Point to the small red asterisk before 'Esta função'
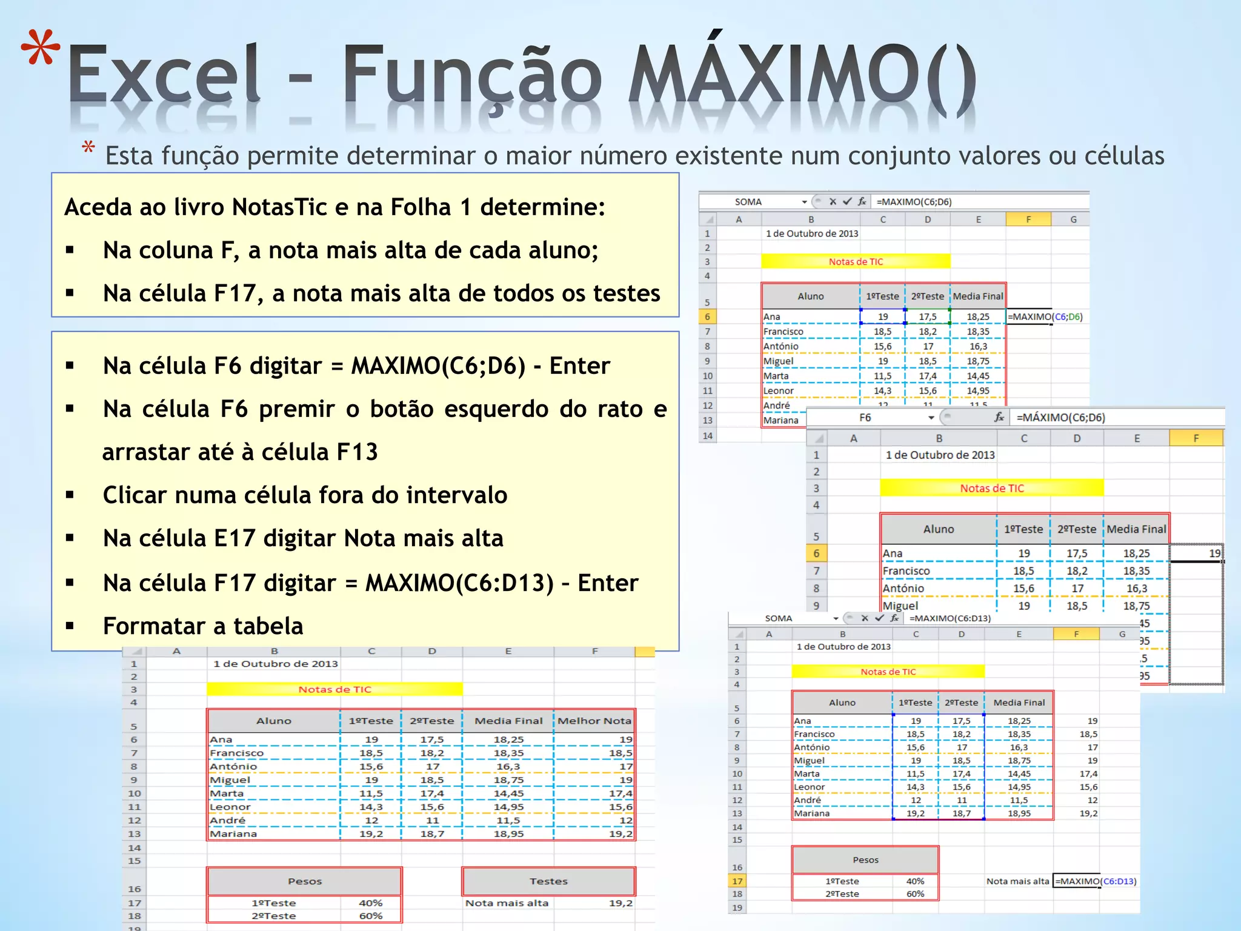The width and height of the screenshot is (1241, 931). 88,147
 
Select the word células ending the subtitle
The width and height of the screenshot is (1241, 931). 1124,156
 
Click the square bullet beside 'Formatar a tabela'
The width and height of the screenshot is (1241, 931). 70,626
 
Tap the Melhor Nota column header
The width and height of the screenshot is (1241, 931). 594,721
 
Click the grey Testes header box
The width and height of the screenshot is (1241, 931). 548,881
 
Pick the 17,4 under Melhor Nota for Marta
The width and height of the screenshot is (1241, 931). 620,793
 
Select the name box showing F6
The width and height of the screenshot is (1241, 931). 865,418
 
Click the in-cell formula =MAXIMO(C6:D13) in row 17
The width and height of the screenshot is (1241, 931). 1096,881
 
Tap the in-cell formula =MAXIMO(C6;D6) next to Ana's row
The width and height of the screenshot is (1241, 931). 1045,316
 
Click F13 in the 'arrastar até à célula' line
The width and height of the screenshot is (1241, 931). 357,452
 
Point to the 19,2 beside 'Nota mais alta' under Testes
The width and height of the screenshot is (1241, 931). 620,903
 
